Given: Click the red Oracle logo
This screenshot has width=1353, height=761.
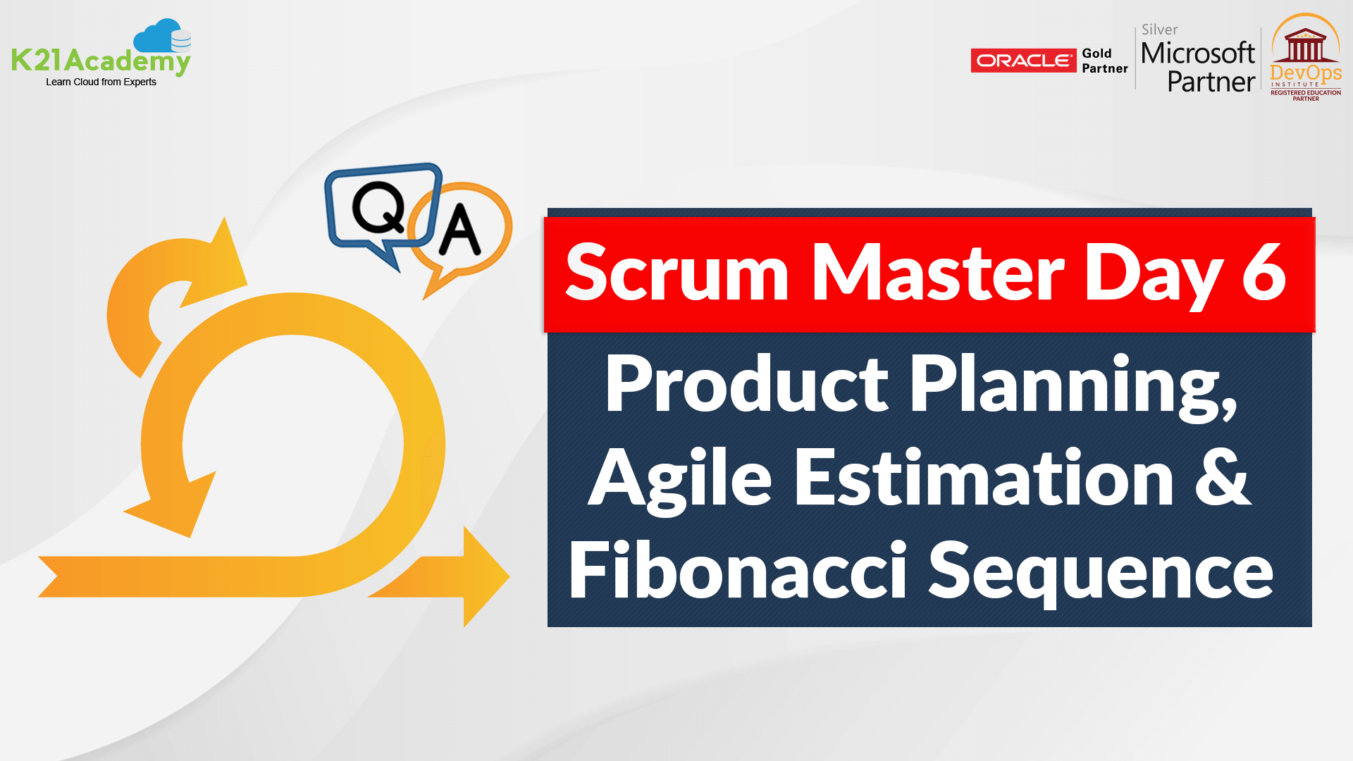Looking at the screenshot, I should click(1023, 61).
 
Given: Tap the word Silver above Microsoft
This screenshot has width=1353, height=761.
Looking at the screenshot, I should click(1159, 30).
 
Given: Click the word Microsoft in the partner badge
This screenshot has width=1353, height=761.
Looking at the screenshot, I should click(1197, 53).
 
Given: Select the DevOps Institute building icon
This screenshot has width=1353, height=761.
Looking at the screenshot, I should click(1305, 47).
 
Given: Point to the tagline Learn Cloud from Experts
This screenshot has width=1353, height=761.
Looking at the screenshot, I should click(101, 82).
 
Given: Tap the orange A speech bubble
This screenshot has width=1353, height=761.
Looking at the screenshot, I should click(462, 230).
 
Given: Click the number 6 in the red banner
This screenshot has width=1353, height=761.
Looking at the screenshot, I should click(1264, 271).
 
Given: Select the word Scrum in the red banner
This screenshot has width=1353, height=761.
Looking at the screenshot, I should click(676, 273).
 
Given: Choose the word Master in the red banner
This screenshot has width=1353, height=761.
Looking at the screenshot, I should click(937, 273).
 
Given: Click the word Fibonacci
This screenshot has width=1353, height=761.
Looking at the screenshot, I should click(737, 570).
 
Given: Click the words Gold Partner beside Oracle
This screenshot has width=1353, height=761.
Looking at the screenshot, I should click(1104, 61).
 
